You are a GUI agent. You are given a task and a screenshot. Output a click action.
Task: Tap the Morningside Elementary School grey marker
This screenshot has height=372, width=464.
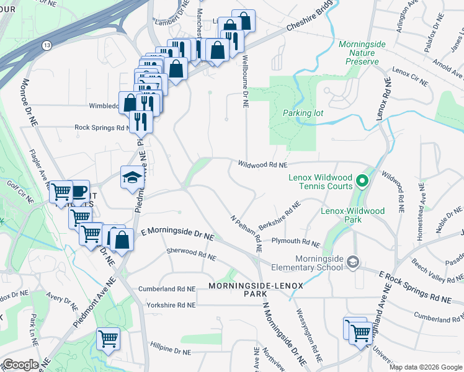tap(353, 261)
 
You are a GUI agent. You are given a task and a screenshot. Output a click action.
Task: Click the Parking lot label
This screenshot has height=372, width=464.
tap(303, 113)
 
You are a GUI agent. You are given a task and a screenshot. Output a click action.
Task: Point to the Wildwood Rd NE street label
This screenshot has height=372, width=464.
tap(263, 165)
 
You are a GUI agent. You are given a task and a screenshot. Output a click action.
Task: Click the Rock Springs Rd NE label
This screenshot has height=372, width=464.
tap(101, 127)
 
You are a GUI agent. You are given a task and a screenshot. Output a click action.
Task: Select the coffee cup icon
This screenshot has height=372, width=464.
tap(79, 190)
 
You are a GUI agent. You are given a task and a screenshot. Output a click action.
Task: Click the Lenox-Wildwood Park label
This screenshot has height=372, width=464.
tap(352, 215)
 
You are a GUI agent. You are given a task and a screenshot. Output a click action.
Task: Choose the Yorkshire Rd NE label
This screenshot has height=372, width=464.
tap(171, 305)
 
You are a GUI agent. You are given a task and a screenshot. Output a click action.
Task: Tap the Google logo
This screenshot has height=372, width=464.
tap(20, 365)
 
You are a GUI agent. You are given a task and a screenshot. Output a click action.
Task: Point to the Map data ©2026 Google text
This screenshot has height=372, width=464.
tap(426, 367)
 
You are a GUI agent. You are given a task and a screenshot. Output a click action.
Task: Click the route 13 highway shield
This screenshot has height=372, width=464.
tap(47, 45)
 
